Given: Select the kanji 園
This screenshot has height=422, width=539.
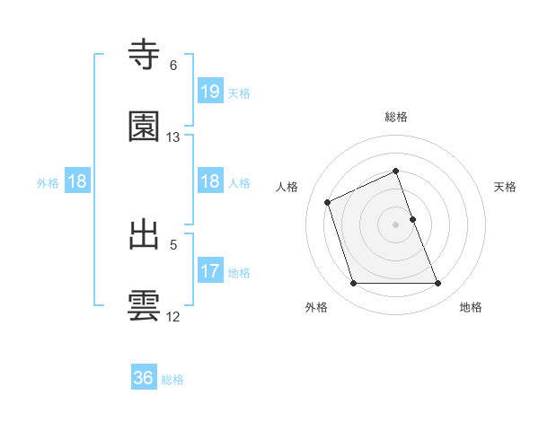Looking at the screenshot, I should pos(145,127).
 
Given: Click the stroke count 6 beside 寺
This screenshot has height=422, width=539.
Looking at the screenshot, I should pos(173,66).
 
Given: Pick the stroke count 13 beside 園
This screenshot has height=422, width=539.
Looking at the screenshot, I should pos(173,137).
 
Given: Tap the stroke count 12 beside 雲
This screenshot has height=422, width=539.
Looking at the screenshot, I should pos(173,316).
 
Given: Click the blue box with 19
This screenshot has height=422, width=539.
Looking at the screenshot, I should pos(210,91).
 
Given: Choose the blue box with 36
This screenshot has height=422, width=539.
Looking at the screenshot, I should pos(144,378).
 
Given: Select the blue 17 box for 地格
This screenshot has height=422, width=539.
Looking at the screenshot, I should pos(210,270).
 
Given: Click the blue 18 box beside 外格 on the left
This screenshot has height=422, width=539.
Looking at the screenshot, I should pos(77,181).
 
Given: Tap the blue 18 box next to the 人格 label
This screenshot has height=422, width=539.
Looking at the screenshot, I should pos(210,181).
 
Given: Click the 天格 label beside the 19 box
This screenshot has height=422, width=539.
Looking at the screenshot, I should pos(239,93).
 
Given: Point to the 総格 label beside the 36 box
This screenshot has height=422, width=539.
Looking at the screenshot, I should pos(172,380).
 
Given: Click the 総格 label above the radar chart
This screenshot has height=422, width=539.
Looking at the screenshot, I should pos(396,117).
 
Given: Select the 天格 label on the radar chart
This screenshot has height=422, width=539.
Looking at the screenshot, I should pos(506,187).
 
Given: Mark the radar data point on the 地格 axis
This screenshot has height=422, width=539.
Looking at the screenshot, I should pos(438,284).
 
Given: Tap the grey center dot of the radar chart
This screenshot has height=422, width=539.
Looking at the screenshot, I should pos(396,224).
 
